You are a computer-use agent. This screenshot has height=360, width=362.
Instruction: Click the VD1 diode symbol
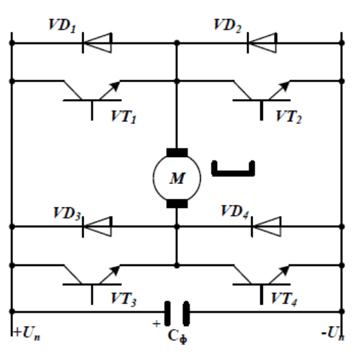tap(97, 43)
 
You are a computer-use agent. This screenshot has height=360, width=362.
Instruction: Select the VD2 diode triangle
tap(262, 43)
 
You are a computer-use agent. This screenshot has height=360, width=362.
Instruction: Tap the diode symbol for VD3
tap(97, 226)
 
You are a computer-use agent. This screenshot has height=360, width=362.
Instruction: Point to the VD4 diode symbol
tap(266, 226)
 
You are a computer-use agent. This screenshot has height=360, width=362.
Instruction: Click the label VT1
tap(124, 117)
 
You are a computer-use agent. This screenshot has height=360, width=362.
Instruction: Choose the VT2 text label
tap(289, 117)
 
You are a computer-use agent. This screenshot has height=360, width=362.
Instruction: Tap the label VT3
tap(124, 299)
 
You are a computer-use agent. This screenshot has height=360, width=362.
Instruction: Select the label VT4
tap(284, 299)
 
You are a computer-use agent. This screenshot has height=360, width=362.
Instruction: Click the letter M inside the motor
tap(177, 178)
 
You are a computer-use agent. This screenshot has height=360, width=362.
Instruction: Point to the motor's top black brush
tap(177, 153)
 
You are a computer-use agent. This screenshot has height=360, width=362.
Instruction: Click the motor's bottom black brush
tap(177, 203)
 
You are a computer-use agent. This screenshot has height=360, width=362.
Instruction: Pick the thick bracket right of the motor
tap(233, 173)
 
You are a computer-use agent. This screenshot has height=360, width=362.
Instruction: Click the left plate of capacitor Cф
tap(168, 314)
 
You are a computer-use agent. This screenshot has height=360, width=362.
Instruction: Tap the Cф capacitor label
tap(177, 337)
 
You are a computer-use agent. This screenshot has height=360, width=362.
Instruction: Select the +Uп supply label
tap(27, 333)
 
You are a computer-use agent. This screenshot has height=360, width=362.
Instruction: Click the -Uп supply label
tap(333, 333)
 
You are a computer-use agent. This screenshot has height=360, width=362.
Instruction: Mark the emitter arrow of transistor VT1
tap(110, 90)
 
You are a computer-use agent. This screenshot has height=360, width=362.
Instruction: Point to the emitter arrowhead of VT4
tap(285, 270)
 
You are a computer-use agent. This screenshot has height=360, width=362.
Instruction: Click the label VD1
tap(62, 25)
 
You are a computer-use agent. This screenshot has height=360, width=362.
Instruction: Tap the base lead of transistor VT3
tap(92, 295)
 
